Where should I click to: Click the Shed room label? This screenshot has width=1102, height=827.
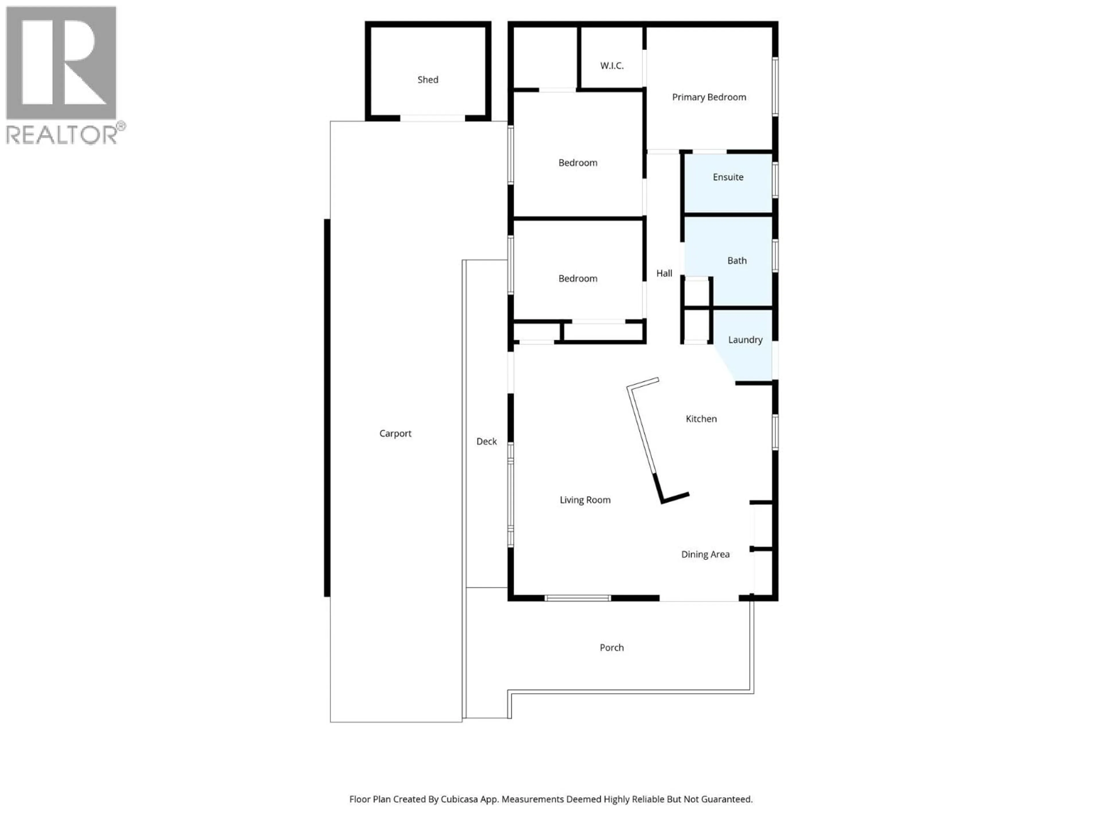(x=427, y=80)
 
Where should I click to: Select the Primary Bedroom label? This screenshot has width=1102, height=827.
(x=709, y=97)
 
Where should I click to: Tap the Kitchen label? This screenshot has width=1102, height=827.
(x=701, y=419)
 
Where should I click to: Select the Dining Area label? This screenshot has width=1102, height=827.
(x=705, y=554)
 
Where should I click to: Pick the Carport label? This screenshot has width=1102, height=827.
(x=395, y=434)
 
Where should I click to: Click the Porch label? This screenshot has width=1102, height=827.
(x=611, y=648)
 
